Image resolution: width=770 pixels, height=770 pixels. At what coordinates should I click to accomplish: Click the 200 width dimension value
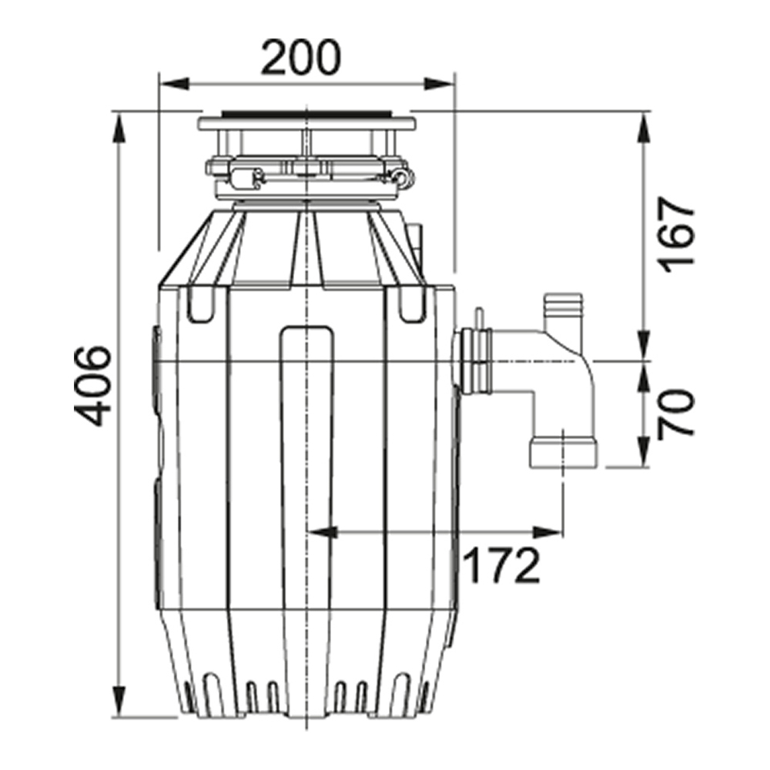[300, 58]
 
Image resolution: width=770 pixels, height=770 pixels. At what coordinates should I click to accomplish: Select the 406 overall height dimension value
[96, 385]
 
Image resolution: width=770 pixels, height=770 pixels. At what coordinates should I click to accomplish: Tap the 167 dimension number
[677, 232]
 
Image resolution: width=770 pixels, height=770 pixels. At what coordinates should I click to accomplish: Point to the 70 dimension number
[677, 413]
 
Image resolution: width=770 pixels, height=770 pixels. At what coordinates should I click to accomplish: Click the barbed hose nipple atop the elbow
[564, 312]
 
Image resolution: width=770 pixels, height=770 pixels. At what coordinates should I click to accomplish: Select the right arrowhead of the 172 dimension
[550, 531]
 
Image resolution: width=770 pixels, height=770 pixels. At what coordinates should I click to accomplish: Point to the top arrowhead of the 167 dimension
[644, 124]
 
